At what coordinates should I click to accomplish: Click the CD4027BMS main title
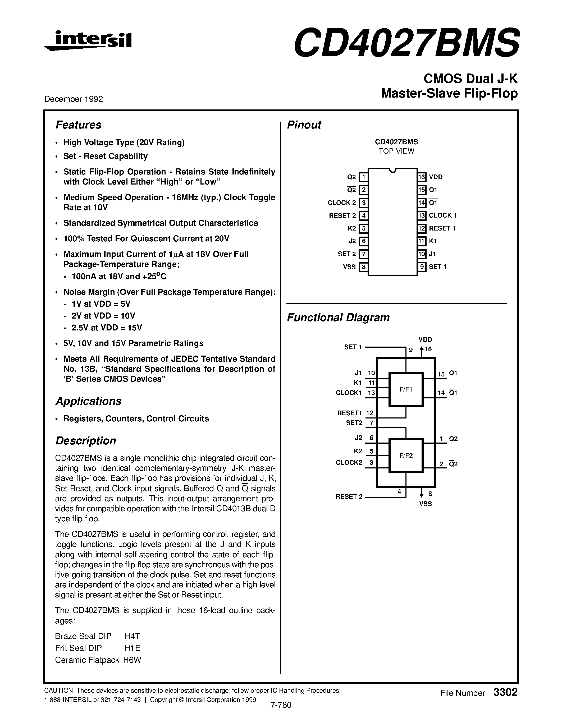tap(406, 43)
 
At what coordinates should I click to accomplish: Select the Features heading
tap(78, 125)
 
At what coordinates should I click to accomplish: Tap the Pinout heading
tap(304, 125)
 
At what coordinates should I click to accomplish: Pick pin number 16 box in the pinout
tap(422, 177)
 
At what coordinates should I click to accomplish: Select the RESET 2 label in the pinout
tap(342, 216)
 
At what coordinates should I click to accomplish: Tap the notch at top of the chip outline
tap(392, 171)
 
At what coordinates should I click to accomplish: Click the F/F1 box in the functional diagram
tap(406, 389)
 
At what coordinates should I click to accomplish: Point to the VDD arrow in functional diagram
tap(422, 351)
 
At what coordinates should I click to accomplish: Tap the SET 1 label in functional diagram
tap(353, 347)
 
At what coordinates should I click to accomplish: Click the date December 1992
tap(74, 99)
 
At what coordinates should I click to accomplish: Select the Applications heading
tap(88, 401)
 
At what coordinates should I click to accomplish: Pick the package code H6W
tap(132, 660)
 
